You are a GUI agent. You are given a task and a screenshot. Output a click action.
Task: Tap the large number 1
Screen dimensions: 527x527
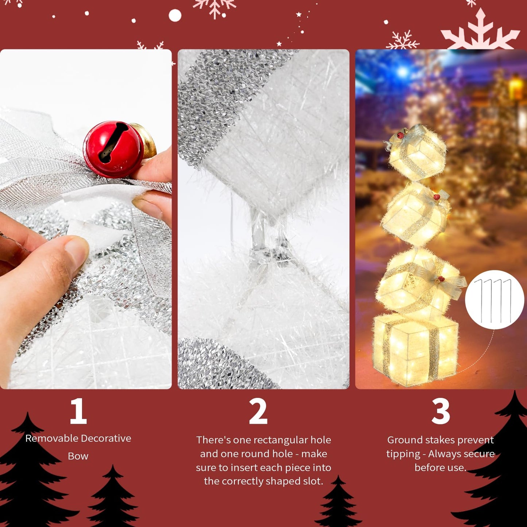(78, 411)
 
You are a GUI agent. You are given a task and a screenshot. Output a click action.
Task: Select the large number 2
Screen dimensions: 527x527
(258, 411)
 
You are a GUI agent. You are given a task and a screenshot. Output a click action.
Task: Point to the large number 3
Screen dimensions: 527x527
(441, 411)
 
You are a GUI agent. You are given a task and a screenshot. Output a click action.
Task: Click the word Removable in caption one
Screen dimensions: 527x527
(51, 438)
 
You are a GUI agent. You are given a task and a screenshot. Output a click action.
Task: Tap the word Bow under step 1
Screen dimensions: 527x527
(78, 456)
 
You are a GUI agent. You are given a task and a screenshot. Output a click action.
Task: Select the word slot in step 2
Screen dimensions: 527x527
(313, 481)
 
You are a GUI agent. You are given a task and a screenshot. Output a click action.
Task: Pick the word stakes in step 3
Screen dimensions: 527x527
(434, 440)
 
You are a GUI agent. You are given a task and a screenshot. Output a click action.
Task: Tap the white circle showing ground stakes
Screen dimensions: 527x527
(495, 300)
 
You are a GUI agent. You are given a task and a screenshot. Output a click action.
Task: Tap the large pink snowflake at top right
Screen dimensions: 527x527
(480, 31)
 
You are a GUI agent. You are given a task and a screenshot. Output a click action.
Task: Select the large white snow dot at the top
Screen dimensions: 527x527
(175, 16)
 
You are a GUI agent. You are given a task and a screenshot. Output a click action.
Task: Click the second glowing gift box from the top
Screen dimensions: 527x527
(414, 213)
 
